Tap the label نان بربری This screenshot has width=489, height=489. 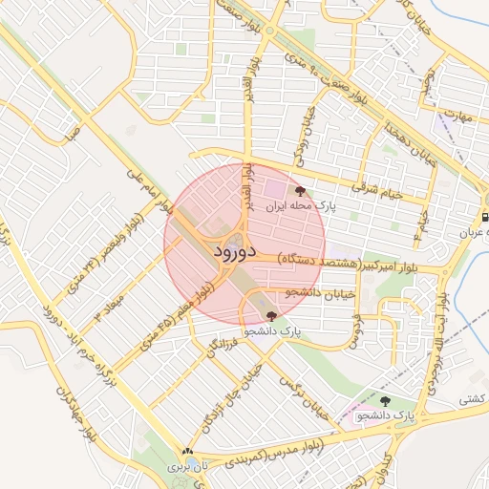[185, 467]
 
